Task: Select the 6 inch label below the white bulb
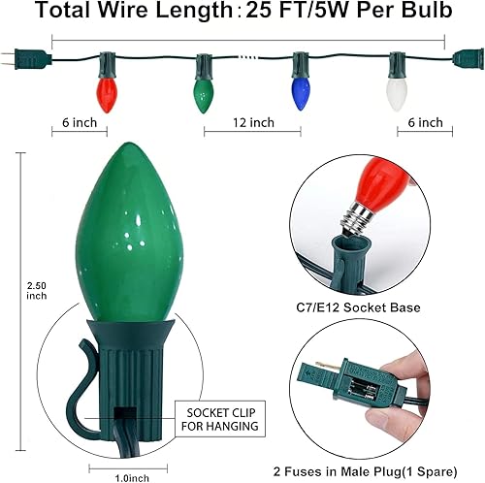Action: pos(426,123)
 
